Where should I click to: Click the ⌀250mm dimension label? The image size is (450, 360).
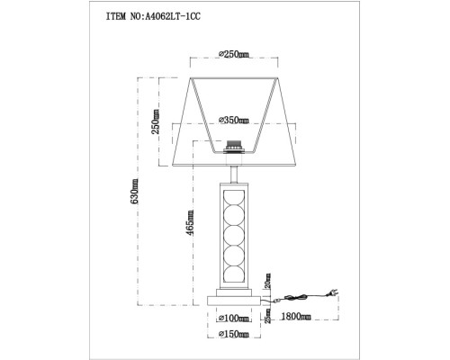coord(235,55)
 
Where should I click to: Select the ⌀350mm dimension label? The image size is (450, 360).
coord(235,120)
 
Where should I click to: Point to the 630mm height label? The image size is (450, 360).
coord(135,191)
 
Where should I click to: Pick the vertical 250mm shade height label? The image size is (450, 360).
coord(155,123)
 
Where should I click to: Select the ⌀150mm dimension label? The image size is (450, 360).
coord(235,335)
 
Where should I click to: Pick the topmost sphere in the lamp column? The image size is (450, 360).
coord(235,198)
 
